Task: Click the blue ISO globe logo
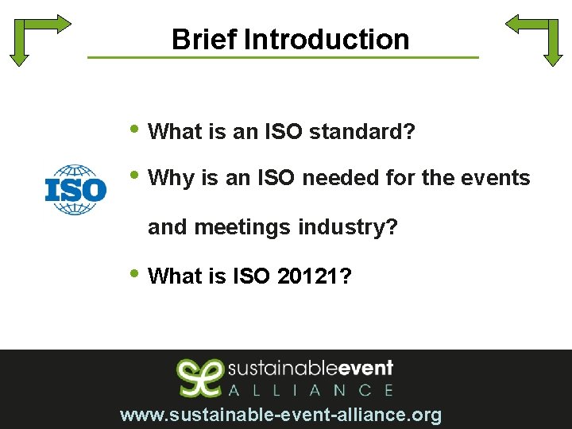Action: (x=75, y=190)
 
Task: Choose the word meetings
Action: (x=243, y=227)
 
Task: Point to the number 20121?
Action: (x=315, y=276)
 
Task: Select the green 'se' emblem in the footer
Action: (x=199, y=377)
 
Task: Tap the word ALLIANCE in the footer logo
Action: (x=311, y=390)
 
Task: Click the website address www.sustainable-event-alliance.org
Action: (x=280, y=415)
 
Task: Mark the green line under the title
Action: (x=283, y=57)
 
